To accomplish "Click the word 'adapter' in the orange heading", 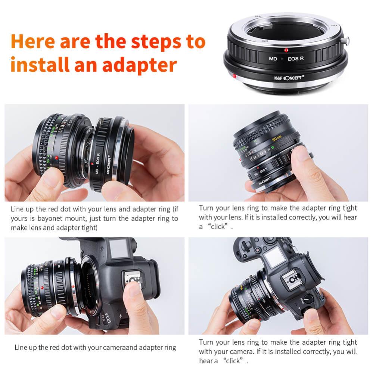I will (139, 65).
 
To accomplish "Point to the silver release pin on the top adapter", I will (346, 41).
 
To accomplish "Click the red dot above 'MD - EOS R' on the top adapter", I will (286, 50).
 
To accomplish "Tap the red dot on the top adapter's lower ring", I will (234, 76).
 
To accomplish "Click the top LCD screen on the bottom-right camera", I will (275, 257).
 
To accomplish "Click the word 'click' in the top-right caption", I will (218, 227).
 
